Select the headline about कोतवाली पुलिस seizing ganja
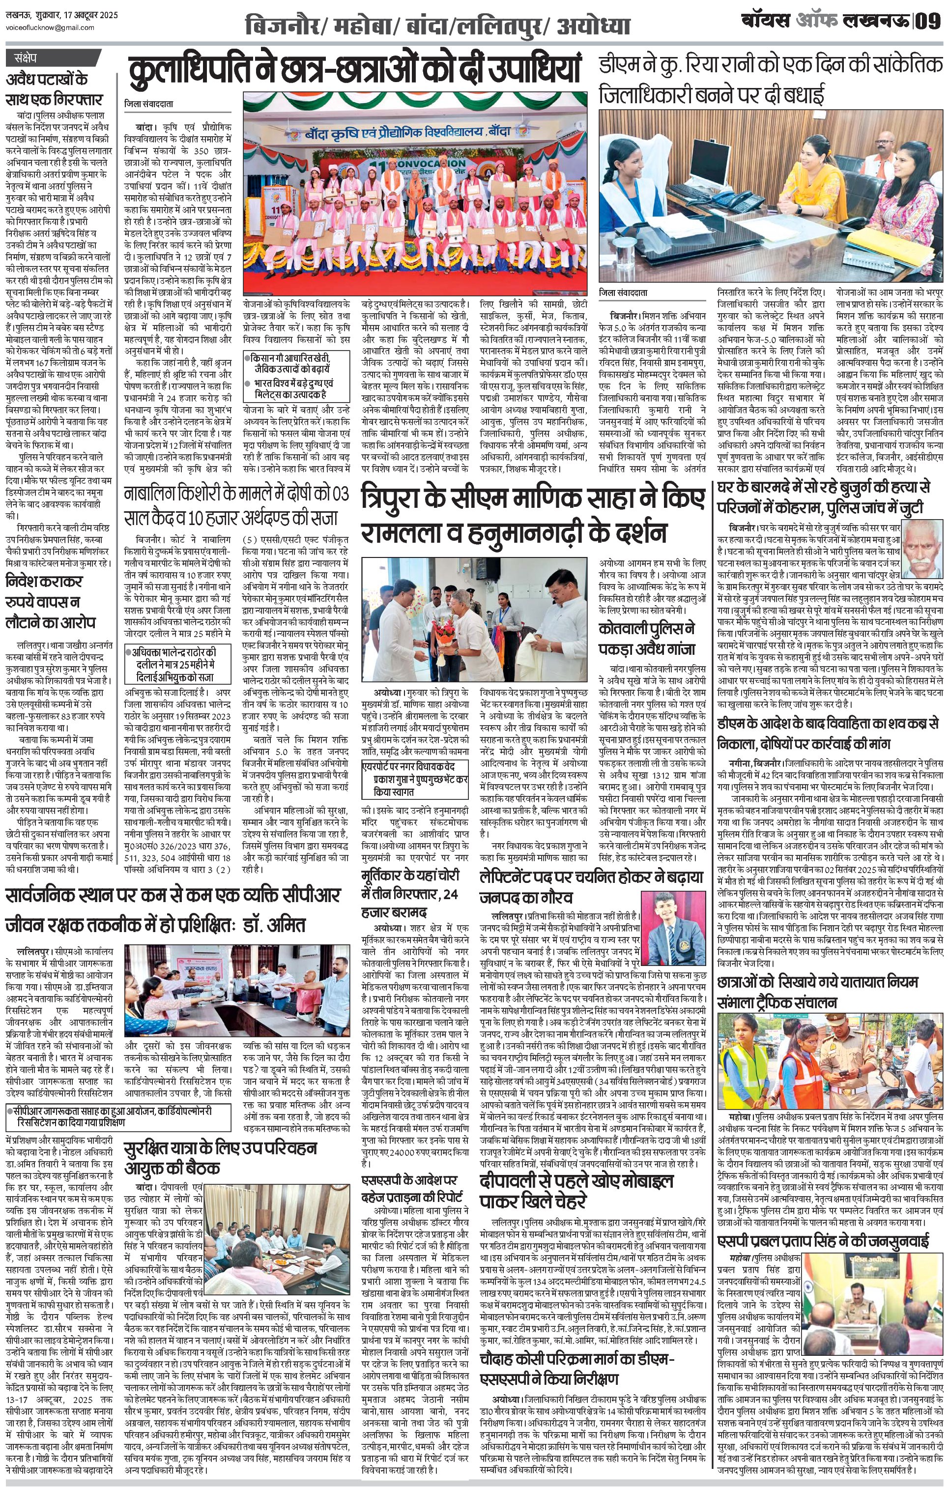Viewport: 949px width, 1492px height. tap(647, 638)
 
